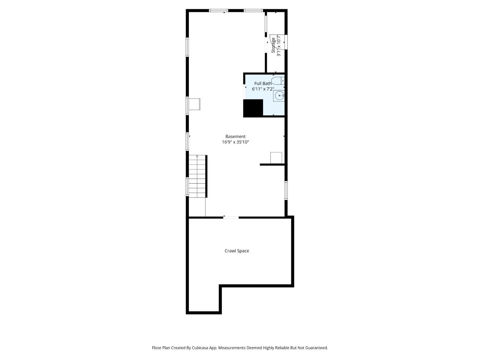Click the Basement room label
(x=235, y=136)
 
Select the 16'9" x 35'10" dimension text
(x=235, y=142)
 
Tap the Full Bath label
(x=263, y=84)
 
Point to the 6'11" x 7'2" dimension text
(x=263, y=89)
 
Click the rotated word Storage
(x=273, y=45)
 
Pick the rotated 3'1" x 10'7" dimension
(x=279, y=46)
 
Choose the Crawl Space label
(x=236, y=251)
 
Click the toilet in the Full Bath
(x=278, y=81)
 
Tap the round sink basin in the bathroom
(x=279, y=96)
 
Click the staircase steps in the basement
(x=197, y=176)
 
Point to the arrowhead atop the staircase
(x=197, y=156)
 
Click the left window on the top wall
(x=219, y=11)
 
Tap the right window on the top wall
(x=253, y=11)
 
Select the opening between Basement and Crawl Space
(x=231, y=218)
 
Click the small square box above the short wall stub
(x=276, y=158)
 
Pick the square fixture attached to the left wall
(x=195, y=104)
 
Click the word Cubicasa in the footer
(x=200, y=348)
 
